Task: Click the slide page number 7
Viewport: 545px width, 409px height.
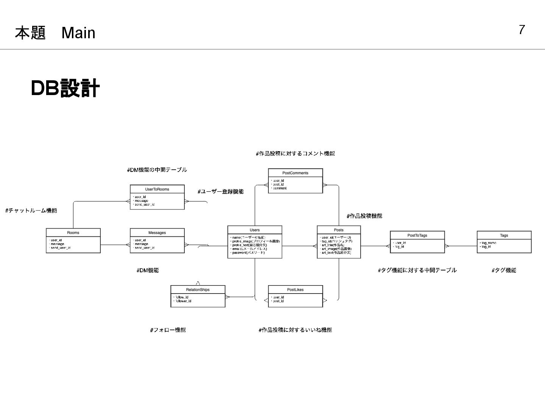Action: point(522,30)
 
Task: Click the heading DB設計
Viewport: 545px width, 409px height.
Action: point(65,88)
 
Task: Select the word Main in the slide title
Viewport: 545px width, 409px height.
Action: point(78,33)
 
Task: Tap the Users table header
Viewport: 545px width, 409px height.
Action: point(255,230)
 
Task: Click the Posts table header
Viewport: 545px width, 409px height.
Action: point(339,230)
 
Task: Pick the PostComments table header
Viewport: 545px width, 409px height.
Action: point(295,173)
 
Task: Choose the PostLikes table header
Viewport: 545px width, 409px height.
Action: point(295,290)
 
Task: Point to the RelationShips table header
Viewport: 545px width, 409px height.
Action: point(198,290)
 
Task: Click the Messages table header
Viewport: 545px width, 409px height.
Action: point(157,233)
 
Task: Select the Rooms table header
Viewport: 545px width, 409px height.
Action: point(73,233)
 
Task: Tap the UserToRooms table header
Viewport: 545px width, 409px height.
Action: point(157,189)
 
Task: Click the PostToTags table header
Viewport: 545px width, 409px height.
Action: point(417,236)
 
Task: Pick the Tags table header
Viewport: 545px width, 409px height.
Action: point(504,236)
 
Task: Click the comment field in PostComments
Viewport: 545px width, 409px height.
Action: point(280,188)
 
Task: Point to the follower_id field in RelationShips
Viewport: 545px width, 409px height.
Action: point(184,301)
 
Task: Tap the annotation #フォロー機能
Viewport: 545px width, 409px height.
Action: point(168,330)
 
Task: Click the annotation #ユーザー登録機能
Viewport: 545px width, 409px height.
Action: point(221,192)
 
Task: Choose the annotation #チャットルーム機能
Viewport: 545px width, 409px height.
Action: point(31,211)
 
